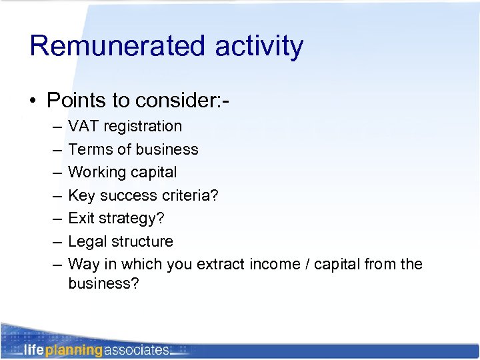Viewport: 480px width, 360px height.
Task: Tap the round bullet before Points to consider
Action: [x=33, y=101]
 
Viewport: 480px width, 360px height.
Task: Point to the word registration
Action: [x=142, y=126]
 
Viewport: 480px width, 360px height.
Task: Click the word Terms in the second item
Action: [x=87, y=149]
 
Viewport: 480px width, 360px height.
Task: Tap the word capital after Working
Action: [x=151, y=172]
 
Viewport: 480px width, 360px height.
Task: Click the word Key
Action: [x=81, y=195]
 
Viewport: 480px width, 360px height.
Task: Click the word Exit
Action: [x=81, y=218]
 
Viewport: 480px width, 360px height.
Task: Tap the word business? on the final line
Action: [x=103, y=283]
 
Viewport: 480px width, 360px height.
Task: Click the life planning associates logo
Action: [x=97, y=349]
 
